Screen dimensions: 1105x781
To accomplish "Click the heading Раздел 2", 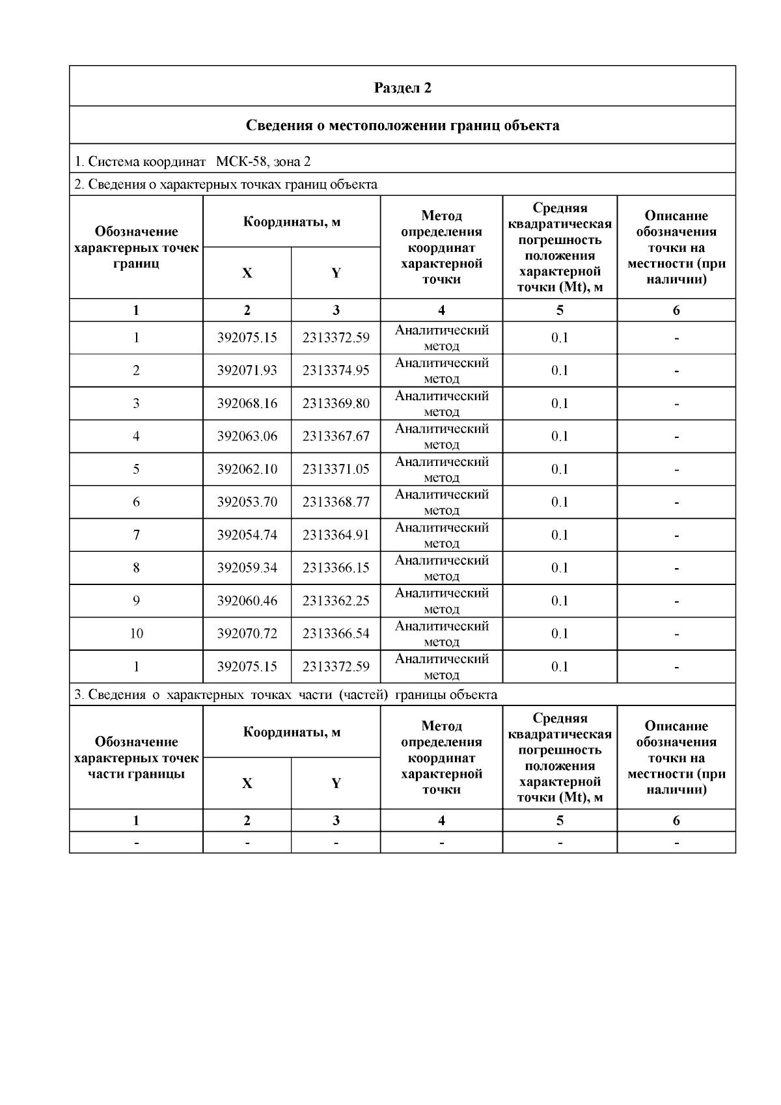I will click(x=402, y=88).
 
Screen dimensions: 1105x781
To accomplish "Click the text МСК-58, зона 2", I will click(x=263, y=161).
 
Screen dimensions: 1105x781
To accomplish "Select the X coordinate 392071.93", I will click(x=247, y=370).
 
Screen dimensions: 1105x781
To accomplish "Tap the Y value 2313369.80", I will click(x=336, y=403).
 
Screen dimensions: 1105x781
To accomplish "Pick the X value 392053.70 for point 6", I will click(x=247, y=502).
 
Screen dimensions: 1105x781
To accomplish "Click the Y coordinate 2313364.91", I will click(x=336, y=535).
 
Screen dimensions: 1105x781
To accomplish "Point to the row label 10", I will click(x=136, y=633).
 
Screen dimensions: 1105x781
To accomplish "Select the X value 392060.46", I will click(x=247, y=601).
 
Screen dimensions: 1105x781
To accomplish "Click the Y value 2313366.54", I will click(x=336, y=633).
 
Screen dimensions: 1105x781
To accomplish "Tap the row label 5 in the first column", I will click(x=136, y=469).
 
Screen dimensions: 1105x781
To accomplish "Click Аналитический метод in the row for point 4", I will click(x=441, y=436).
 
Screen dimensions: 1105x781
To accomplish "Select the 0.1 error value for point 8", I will click(x=560, y=567).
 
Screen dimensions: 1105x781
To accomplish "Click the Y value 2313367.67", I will click(x=336, y=436).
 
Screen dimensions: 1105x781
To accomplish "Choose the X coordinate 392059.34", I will click(x=247, y=567).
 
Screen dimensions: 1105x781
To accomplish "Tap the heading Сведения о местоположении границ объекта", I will click(x=402, y=125).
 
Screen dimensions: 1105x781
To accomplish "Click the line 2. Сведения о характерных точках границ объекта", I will click(x=226, y=184).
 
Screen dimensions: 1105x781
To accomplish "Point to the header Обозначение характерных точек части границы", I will click(x=136, y=757).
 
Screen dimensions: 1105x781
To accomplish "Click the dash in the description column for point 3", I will click(x=676, y=404).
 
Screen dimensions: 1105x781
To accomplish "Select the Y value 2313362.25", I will click(x=336, y=601).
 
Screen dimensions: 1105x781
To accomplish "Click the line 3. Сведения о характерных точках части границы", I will click(x=286, y=694).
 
